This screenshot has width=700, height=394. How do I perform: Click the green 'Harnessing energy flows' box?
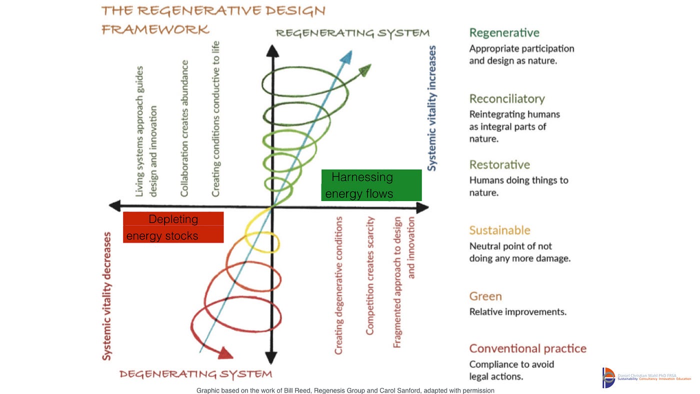click(x=371, y=185)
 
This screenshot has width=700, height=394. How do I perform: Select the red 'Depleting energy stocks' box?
click(x=173, y=227)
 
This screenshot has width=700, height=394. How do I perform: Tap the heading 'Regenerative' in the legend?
click(x=504, y=33)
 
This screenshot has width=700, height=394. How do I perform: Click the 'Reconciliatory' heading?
click(x=507, y=98)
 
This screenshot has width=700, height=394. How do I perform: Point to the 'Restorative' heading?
click(x=499, y=164)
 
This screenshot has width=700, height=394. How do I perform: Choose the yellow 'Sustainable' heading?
click(x=499, y=230)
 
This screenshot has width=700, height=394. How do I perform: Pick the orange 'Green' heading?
click(x=485, y=296)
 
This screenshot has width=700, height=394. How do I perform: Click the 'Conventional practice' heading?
click(x=527, y=348)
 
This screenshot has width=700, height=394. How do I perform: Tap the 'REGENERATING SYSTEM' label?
click(x=352, y=33)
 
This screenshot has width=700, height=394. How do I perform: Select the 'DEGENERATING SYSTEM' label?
click(x=195, y=374)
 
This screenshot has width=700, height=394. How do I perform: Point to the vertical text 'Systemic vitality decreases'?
click(x=106, y=295)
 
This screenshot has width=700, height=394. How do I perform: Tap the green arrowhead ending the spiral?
click(x=365, y=69)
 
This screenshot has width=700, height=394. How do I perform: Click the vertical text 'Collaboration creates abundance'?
click(x=184, y=128)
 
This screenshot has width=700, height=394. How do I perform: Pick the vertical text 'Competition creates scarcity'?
click(x=370, y=275)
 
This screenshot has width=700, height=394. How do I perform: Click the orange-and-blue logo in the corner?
click(x=608, y=377)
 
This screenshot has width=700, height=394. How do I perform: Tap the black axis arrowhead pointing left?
click(x=114, y=205)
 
